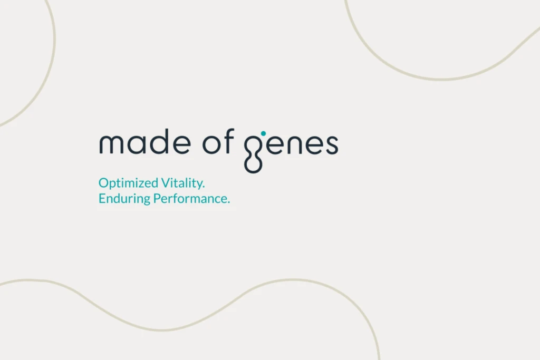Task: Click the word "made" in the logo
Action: click(x=143, y=144)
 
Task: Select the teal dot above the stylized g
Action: click(x=264, y=133)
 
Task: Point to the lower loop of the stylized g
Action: click(x=254, y=164)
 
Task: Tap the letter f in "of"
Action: click(x=229, y=143)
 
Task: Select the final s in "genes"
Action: click(x=331, y=145)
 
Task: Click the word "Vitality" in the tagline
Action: click(x=182, y=183)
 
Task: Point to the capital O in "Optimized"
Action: click(x=103, y=183)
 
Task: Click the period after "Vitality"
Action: click(x=203, y=187)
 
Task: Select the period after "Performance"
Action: click(x=229, y=203)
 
